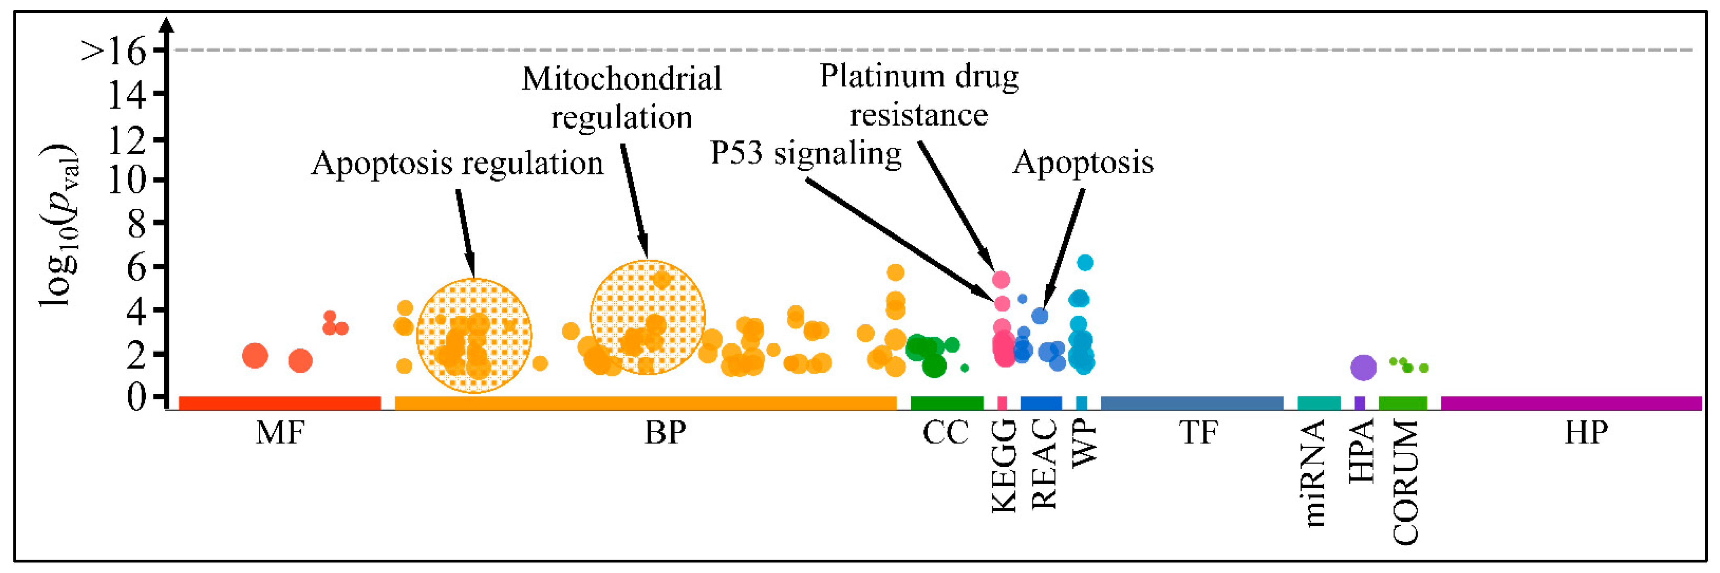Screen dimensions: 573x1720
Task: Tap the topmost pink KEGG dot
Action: [x=1000, y=279]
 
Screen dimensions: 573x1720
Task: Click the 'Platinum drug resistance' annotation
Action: [x=919, y=95]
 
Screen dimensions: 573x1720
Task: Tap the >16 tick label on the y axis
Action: [x=114, y=51]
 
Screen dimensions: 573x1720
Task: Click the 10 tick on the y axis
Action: [x=127, y=180]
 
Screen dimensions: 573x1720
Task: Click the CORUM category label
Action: [x=1404, y=482]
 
